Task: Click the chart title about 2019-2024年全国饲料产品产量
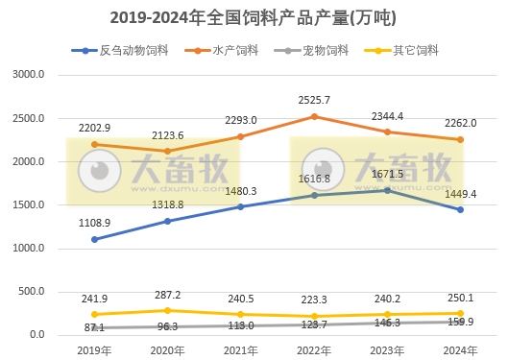click(254, 17)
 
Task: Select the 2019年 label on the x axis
click(94, 349)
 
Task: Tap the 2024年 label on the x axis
click(460, 349)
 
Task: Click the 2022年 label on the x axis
click(314, 349)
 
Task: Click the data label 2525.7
click(315, 100)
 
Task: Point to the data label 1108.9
click(95, 223)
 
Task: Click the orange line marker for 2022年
click(314, 117)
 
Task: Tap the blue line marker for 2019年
click(94, 239)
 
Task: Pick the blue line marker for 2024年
click(460, 209)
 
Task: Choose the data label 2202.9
click(95, 128)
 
